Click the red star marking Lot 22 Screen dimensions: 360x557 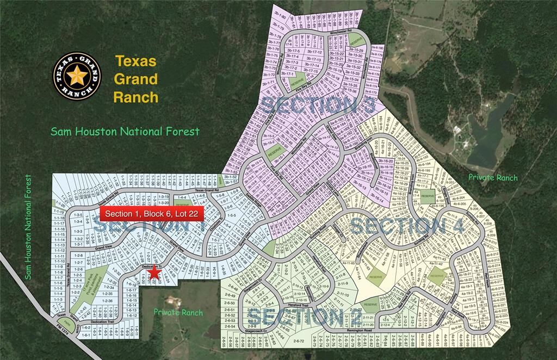tap(154, 273)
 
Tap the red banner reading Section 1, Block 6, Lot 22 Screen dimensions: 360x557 tap(149, 213)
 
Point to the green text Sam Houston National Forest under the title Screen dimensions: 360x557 tap(125, 131)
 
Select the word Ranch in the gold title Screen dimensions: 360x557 tap(136, 97)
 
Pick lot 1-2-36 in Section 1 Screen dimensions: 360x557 tap(107, 301)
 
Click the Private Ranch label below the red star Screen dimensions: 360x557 tap(178, 313)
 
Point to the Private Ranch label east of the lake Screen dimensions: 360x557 tap(493, 178)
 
